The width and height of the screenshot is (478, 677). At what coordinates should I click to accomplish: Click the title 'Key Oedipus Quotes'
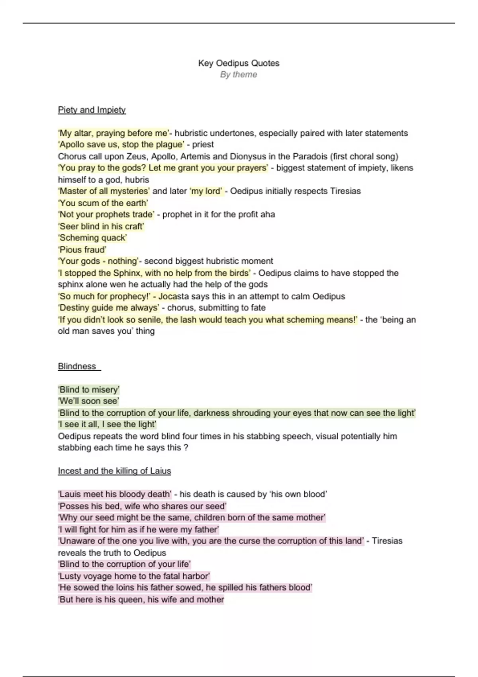coord(239,63)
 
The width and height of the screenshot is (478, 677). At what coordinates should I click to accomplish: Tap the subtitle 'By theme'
coord(239,74)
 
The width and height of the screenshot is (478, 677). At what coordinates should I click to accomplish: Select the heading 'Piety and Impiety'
coord(92,110)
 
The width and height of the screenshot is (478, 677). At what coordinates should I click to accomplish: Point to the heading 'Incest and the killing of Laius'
coord(114,471)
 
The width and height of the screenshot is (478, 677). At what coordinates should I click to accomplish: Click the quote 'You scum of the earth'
coord(103,203)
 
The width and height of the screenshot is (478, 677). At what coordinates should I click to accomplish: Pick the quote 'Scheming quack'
coord(92,238)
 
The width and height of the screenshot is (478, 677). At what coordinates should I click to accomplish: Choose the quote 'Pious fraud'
coord(82,250)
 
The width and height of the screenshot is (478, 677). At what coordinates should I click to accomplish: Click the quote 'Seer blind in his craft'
coord(101,226)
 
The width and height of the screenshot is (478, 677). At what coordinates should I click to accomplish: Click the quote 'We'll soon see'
coord(88,401)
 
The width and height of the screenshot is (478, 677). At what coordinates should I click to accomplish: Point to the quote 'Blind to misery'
coord(89,389)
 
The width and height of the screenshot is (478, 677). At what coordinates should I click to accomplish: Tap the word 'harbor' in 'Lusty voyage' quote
coord(195,576)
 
